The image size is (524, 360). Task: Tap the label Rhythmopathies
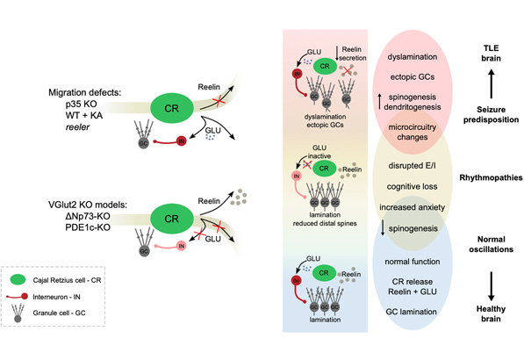(485, 177)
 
